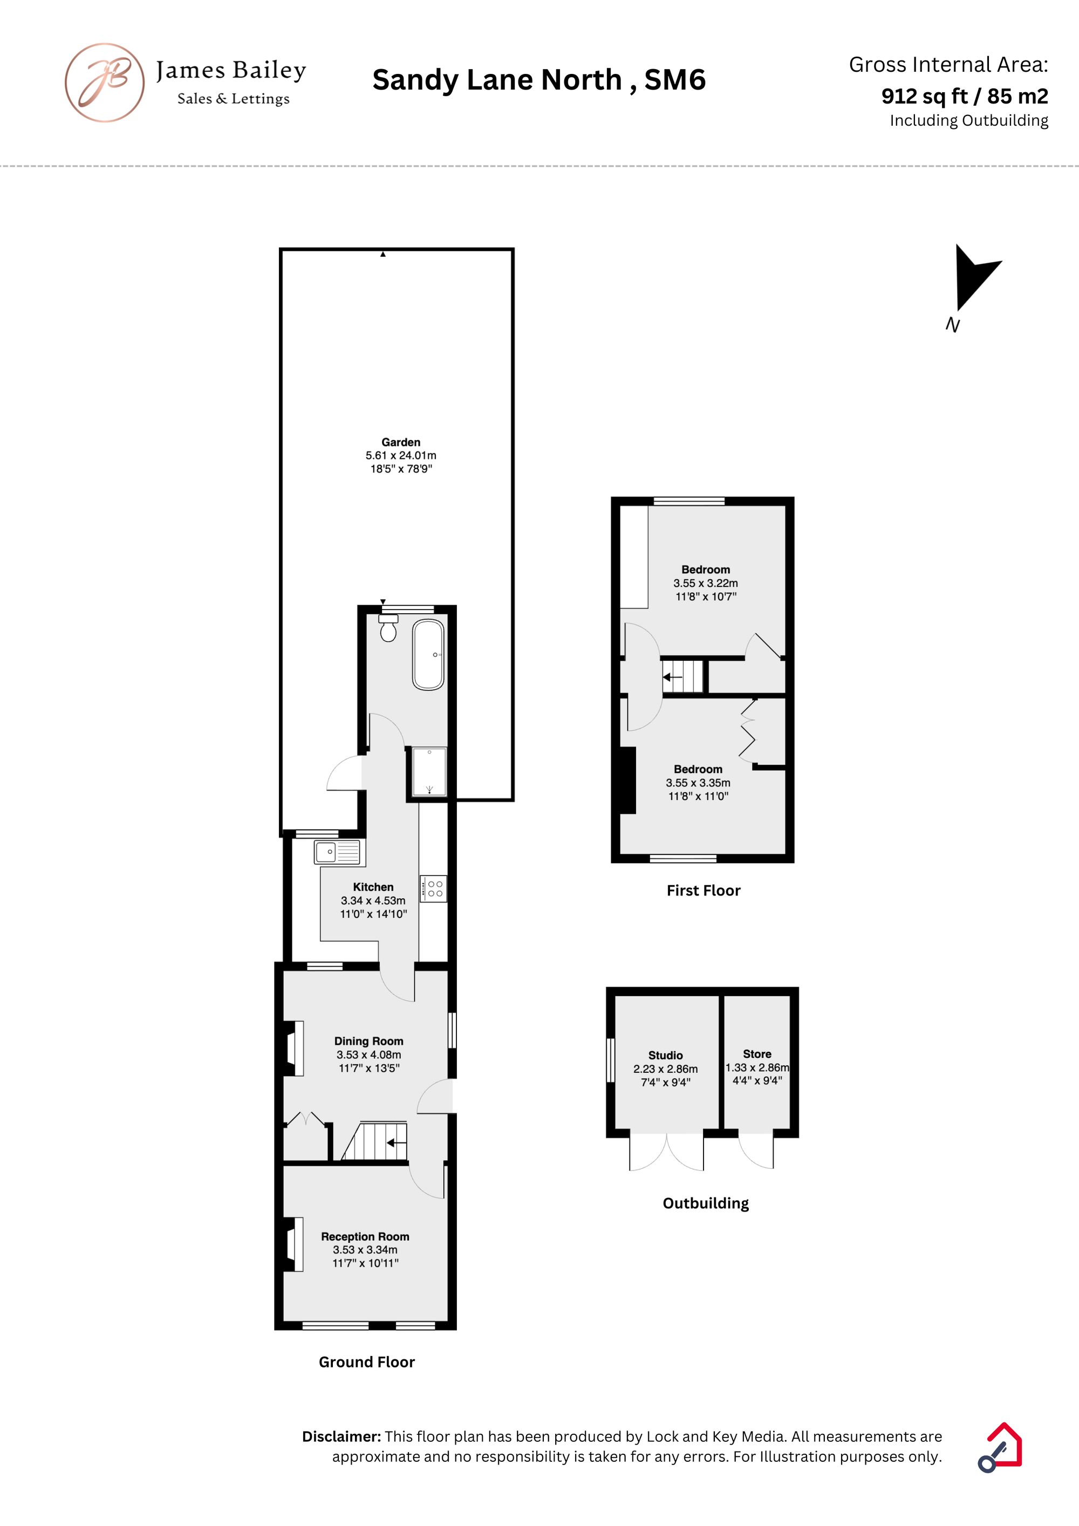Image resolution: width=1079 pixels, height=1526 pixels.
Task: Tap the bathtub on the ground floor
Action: click(428, 655)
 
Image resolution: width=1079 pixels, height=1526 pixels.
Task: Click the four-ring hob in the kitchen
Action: click(433, 888)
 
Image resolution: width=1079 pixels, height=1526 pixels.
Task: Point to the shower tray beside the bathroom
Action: click(429, 771)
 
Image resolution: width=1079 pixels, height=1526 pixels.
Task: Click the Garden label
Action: click(401, 442)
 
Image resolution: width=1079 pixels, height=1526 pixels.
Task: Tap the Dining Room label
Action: click(369, 1041)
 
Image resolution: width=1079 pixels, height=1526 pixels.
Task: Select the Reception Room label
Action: click(365, 1236)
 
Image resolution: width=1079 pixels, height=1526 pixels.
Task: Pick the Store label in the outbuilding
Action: click(757, 1053)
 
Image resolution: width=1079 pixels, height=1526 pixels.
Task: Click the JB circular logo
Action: click(104, 83)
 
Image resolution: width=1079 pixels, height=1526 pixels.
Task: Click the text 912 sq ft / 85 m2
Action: click(965, 97)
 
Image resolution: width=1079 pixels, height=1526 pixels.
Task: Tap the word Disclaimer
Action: click(342, 1436)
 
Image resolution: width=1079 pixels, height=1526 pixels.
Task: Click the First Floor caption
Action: click(704, 891)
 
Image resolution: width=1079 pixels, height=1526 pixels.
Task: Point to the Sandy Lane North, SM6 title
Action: click(539, 80)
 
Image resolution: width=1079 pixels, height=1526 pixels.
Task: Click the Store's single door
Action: click(756, 1151)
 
